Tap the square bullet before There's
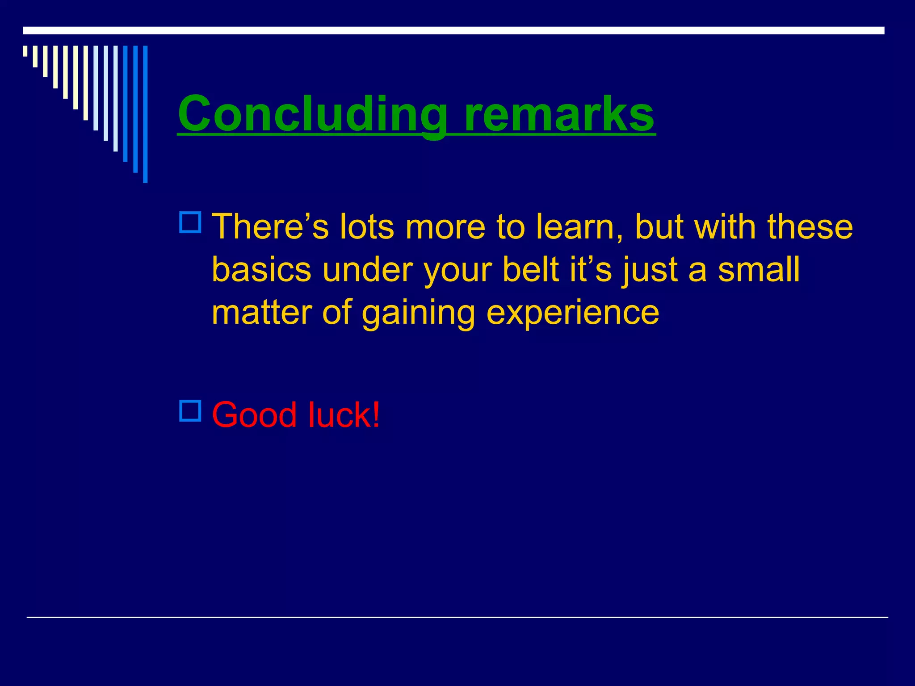pyautogui.click(x=190, y=222)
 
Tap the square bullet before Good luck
pyautogui.click(x=190, y=410)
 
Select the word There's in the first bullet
pyautogui.click(x=270, y=227)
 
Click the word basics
pyautogui.click(x=261, y=270)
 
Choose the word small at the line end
pyautogui.click(x=759, y=270)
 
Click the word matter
pyautogui.click(x=261, y=312)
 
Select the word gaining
pyautogui.click(x=418, y=312)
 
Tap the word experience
pyautogui.click(x=572, y=312)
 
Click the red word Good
pyautogui.click(x=254, y=415)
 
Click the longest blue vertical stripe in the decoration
pyautogui.click(x=145, y=114)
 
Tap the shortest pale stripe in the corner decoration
pyautogui.click(x=25, y=51)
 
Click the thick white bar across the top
pyautogui.click(x=453, y=30)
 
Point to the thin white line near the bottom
pyautogui.click(x=457, y=617)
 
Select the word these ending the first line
pyautogui.click(x=810, y=227)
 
